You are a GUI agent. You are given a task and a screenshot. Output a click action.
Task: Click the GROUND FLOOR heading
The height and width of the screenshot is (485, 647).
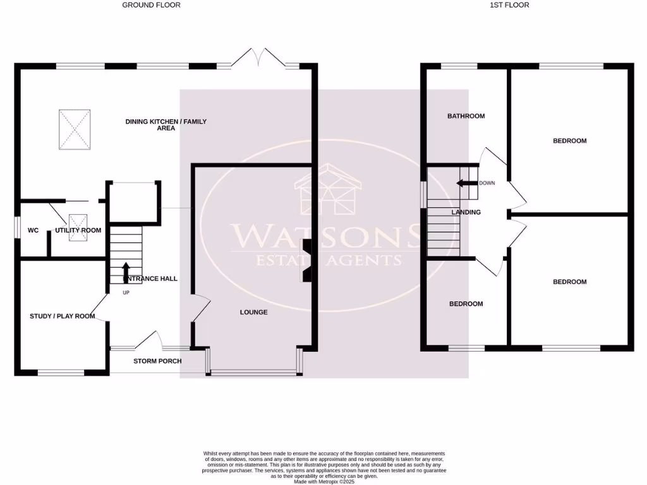coord(151,5)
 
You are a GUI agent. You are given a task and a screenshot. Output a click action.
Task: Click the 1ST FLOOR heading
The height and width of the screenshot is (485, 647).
coord(509,5)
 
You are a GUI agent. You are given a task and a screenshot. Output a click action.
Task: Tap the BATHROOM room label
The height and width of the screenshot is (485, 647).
coord(466,116)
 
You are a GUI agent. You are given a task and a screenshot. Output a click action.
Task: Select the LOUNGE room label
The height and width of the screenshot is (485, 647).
coord(253,313)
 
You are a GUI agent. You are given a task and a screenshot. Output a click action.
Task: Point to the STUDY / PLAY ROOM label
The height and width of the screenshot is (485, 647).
coord(62,316)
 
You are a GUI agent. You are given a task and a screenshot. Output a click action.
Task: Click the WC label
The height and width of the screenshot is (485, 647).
coord(33,231)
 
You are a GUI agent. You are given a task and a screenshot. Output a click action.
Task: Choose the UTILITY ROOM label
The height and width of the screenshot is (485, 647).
coord(78,231)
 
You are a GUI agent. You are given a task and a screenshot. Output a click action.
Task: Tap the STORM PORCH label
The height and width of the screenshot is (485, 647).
coord(157,361)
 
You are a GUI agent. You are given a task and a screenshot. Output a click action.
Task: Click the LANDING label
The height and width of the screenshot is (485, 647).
coord(466,212)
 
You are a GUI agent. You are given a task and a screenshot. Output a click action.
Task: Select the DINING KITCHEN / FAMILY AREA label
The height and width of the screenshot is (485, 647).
coord(166,125)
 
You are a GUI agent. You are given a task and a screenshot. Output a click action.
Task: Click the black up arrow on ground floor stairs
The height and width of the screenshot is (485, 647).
coord(125,270)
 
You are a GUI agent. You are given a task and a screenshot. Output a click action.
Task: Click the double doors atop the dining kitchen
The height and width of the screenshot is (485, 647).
coord(257,57)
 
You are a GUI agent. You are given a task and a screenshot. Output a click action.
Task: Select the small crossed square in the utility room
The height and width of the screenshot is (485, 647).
coord(78,221)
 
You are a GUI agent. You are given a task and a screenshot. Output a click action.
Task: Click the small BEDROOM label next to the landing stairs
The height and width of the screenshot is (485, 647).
coord(466,304)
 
